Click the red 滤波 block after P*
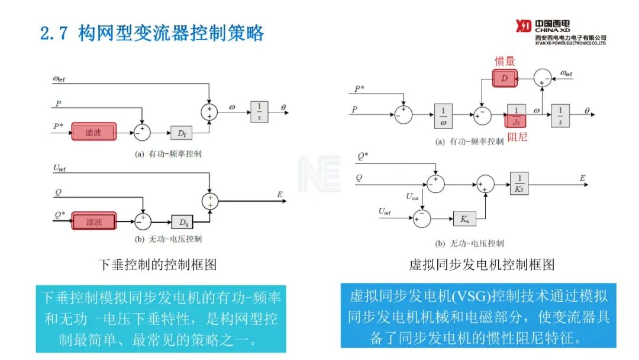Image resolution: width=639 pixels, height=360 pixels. point(93,132)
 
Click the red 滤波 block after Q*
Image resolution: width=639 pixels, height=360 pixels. point(93,221)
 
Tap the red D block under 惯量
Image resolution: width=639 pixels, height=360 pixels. point(504,78)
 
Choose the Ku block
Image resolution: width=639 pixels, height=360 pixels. point(464,219)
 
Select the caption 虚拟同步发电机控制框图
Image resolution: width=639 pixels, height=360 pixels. point(482,264)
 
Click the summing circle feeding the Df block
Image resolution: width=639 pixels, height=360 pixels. point(142,132)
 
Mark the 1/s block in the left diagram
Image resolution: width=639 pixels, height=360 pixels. point(259,111)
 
